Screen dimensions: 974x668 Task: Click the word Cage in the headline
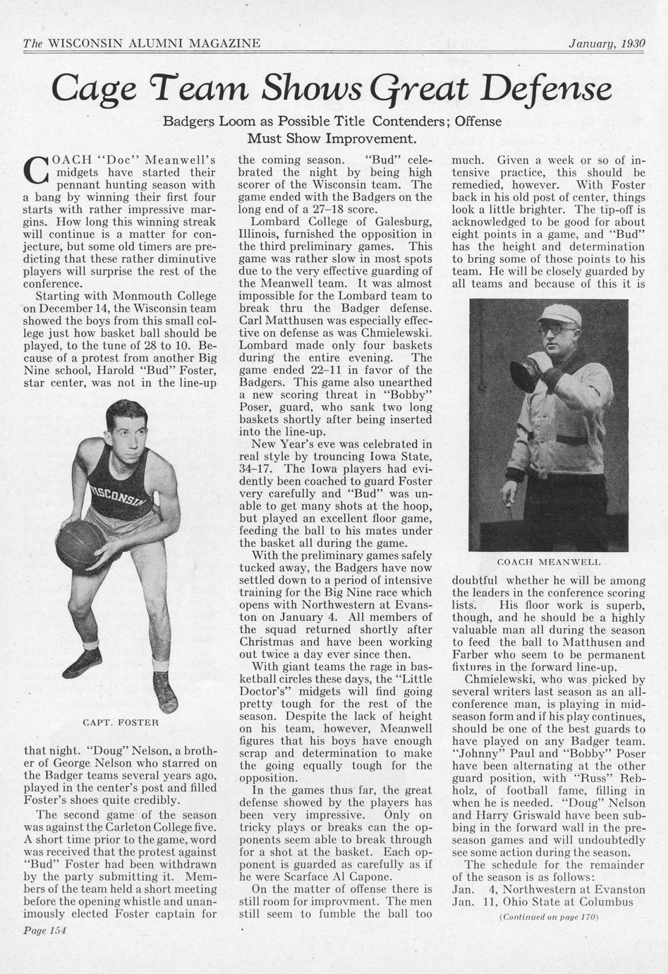(x=92, y=90)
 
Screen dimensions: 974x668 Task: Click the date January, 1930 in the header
(x=607, y=43)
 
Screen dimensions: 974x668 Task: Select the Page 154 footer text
(x=44, y=930)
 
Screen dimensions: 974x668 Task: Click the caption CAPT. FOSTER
(x=121, y=723)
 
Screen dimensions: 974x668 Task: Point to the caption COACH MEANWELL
(x=549, y=562)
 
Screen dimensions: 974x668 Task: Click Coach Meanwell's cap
(x=559, y=313)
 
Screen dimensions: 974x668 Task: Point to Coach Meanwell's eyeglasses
(x=557, y=330)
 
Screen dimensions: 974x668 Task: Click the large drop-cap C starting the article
(x=35, y=169)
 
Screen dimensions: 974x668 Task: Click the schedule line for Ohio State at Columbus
(x=542, y=901)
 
